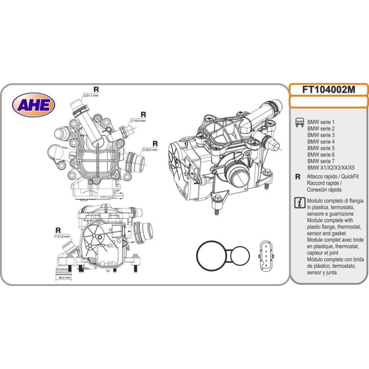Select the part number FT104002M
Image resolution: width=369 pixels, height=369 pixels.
click(x=329, y=89)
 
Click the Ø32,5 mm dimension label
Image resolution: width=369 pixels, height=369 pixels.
click(x=151, y=150)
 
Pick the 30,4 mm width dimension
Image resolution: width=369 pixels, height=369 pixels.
click(x=64, y=277)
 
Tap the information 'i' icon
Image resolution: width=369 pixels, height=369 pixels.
click(x=298, y=202)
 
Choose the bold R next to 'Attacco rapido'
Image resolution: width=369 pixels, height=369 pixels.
click(x=298, y=176)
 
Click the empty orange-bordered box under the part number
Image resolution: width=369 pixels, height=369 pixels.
click(x=329, y=102)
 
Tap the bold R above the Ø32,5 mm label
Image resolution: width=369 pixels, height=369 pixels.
click(x=154, y=143)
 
